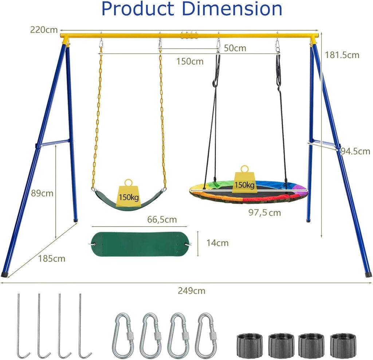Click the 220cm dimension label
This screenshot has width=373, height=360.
[x=44, y=30]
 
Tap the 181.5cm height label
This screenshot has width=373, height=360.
[x=342, y=55]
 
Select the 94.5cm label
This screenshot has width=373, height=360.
[x=356, y=151]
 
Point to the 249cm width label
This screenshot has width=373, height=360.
[x=192, y=291]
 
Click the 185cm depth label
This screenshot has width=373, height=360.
[x=52, y=258]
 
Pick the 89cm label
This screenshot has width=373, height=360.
[x=42, y=193]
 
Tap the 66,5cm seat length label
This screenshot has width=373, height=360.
[x=162, y=219]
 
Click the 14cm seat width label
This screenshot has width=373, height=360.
[x=217, y=243]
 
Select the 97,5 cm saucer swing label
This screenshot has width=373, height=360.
[x=265, y=213]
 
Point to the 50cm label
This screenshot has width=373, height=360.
[x=235, y=48]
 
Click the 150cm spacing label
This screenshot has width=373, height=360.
[x=190, y=62]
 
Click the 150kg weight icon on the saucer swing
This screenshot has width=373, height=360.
[x=244, y=179]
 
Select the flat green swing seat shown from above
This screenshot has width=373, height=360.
[x=142, y=244]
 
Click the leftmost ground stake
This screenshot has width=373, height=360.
[x=22, y=326]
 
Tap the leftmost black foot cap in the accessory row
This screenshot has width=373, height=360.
[x=250, y=345]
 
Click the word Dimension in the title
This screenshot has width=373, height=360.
[x=232, y=9]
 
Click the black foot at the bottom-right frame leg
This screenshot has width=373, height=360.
[x=369, y=274]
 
